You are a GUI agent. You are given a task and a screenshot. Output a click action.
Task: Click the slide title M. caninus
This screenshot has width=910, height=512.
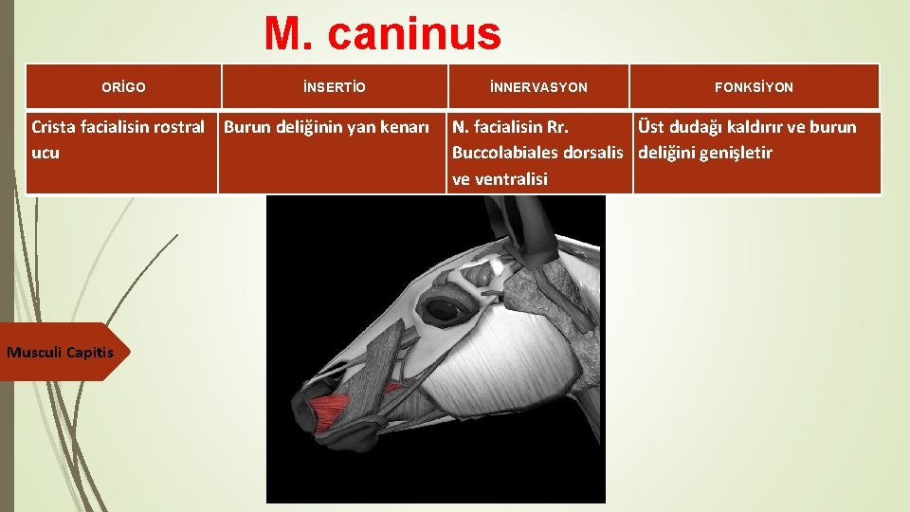[382, 34]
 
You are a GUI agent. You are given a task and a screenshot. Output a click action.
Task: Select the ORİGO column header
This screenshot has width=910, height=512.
[124, 87]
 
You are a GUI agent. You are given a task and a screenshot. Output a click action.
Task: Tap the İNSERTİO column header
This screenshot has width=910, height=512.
[334, 87]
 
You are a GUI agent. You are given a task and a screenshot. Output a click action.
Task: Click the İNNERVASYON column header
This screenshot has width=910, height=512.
[538, 87]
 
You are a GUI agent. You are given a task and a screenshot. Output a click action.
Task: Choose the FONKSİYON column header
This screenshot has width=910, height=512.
[755, 87]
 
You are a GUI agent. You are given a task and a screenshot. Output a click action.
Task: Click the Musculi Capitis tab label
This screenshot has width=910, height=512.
[60, 353]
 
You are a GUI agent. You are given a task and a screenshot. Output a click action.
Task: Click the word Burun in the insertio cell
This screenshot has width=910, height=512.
[246, 127]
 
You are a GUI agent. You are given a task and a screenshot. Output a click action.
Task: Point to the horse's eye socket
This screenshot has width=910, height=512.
[443, 308]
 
